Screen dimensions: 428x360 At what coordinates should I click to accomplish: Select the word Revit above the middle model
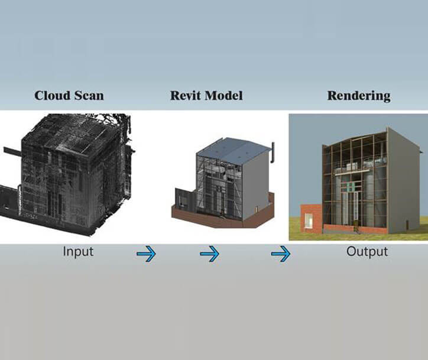[186, 96]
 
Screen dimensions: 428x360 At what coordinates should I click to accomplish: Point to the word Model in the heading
[223, 96]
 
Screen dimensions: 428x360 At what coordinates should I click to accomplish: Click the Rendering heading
[359, 96]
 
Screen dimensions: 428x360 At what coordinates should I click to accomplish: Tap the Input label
[78, 252]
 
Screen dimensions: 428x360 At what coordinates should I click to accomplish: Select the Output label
[367, 252]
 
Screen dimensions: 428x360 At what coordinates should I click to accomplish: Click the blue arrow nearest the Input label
[146, 254]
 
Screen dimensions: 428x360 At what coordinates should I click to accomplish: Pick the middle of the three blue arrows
[209, 254]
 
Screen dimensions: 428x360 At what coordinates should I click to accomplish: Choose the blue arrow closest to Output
[281, 254]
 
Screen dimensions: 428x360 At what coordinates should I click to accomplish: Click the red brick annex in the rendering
[311, 218]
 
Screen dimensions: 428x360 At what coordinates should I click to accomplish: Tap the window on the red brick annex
[309, 221]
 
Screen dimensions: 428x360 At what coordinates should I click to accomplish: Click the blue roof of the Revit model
[232, 153]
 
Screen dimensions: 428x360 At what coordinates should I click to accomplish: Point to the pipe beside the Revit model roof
[273, 153]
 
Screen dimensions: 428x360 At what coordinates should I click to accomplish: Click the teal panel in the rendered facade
[350, 187]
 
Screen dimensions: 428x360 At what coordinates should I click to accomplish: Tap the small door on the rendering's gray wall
[407, 225]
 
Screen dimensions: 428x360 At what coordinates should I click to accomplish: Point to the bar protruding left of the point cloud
[12, 152]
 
